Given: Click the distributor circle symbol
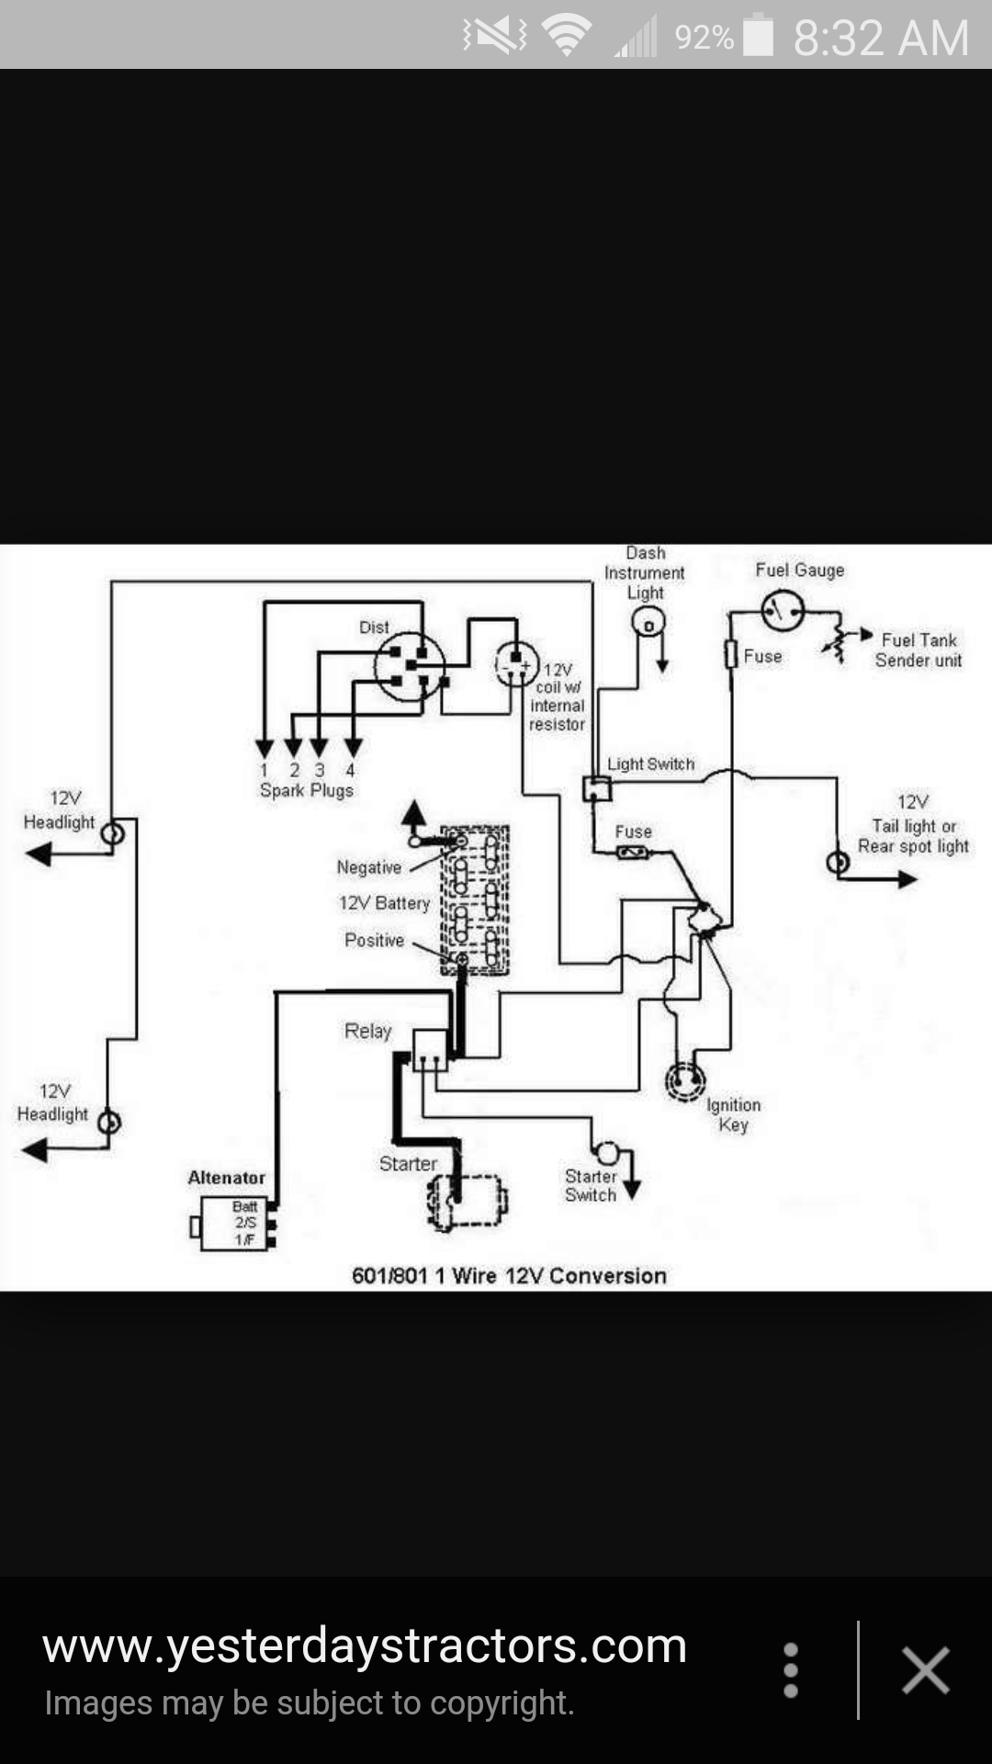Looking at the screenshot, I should tap(410, 667).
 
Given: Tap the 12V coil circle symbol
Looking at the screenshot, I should tap(516, 663).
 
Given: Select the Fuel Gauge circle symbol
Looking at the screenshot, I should tap(783, 610).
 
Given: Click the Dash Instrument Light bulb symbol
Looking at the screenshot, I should tap(648, 625).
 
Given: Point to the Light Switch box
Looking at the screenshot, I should tap(597, 788).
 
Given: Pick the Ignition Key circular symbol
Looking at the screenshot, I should tap(685, 1080).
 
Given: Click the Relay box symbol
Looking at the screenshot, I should tap(430, 1050).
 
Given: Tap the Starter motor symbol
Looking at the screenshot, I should tap(467, 1200).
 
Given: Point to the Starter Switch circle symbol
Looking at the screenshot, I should tap(607, 1153).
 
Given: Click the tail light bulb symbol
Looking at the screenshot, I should tap(838, 863).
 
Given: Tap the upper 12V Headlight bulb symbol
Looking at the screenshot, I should tap(112, 834).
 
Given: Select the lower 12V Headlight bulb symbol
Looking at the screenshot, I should tap(108, 1122).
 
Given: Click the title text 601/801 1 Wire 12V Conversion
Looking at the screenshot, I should tap(509, 1275).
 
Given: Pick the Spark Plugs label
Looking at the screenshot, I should tap(306, 790).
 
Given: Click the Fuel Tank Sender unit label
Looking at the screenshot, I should tap(918, 650).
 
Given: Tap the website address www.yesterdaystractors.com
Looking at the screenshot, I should tap(365, 1646).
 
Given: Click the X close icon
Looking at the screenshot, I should tap(925, 1669).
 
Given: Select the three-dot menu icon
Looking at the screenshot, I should tap(791, 1669).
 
